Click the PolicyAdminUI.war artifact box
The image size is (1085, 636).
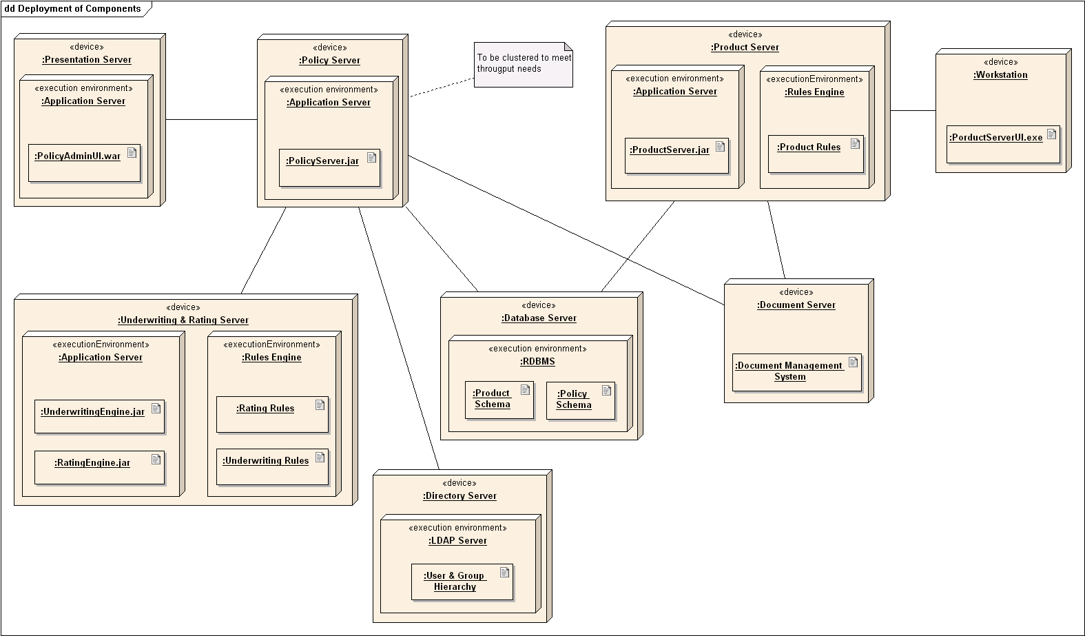pos(84,163)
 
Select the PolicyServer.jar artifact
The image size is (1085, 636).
pos(329,167)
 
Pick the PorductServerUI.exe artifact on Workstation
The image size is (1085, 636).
pos(1002,144)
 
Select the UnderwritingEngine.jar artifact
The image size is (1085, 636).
pos(99,416)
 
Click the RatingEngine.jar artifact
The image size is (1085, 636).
pos(99,467)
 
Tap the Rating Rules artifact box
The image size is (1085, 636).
pos(272,414)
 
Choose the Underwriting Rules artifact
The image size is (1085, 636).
pos(272,466)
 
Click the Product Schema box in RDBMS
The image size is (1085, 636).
pos(499,400)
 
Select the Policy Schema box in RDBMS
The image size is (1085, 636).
pos(580,400)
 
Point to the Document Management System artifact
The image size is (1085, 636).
pos(796,372)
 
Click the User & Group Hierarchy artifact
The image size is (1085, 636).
pos(462,582)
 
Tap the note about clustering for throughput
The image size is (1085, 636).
pos(524,65)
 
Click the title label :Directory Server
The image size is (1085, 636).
pos(459,496)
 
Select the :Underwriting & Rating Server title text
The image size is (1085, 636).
pos(183,320)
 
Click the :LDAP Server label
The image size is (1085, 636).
pos(457,541)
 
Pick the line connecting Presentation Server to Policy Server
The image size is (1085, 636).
pos(211,120)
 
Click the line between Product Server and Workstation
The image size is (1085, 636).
pos(913,110)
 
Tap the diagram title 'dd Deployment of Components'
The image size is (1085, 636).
pos(72,9)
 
